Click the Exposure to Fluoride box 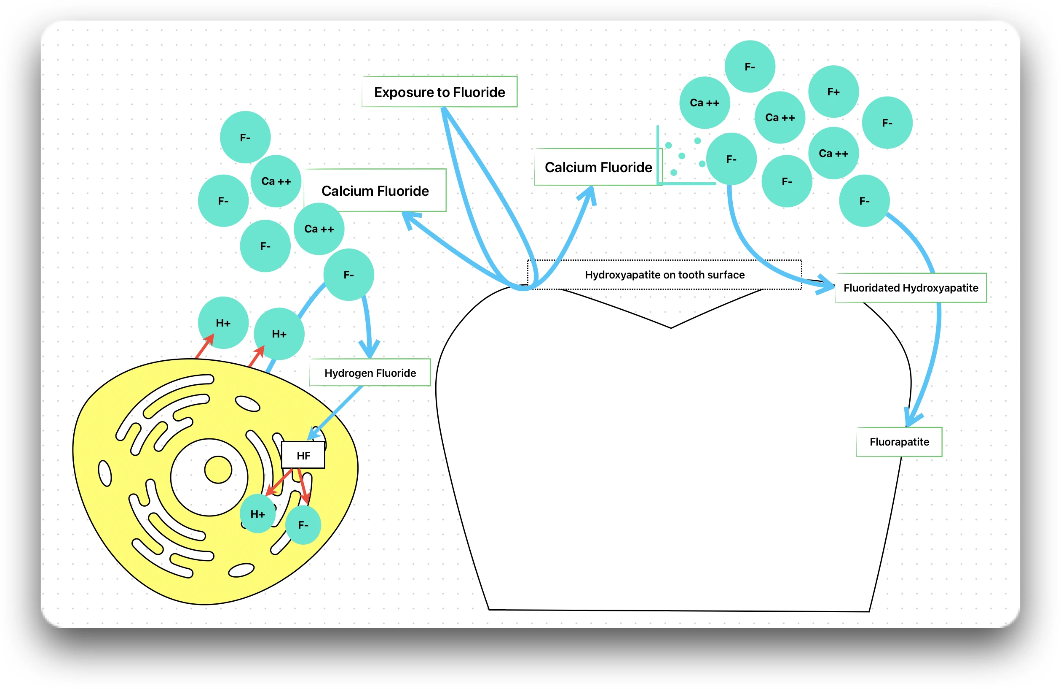click(439, 92)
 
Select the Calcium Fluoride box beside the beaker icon click(598, 168)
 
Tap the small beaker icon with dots click(684, 158)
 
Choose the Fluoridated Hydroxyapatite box click(910, 288)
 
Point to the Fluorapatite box click(899, 442)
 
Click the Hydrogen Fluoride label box click(370, 373)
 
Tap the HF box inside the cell click(303, 456)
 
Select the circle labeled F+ click(833, 92)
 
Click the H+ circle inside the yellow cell click(258, 513)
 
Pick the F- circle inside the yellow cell click(303, 525)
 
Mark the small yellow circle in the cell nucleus click(218, 470)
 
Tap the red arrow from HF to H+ click(279, 482)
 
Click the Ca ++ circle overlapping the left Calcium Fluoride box click(319, 229)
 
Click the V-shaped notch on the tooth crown click(670, 327)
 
